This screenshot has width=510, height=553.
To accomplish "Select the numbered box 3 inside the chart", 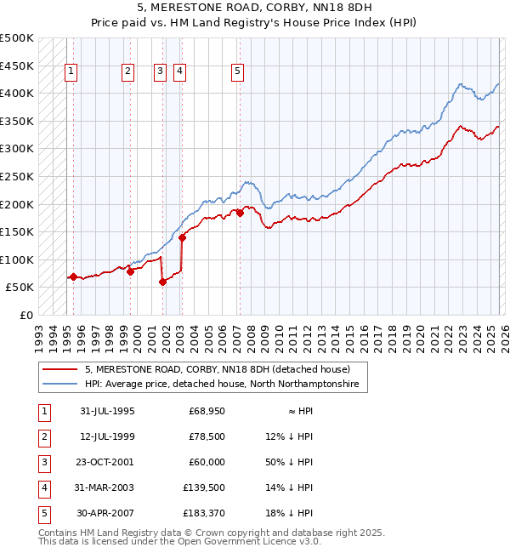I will click(x=160, y=72).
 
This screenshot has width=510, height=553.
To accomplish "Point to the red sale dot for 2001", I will click(x=162, y=282).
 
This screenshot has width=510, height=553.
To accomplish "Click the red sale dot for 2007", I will click(x=240, y=214).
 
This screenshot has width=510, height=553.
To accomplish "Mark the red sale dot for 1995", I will click(x=74, y=276).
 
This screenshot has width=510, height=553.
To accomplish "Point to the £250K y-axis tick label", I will click(x=17, y=176).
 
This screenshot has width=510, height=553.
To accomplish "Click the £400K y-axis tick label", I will click(x=17, y=93).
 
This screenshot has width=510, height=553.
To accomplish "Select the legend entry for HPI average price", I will click(x=221, y=385).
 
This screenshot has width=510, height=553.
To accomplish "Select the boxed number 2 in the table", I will click(x=43, y=436).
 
